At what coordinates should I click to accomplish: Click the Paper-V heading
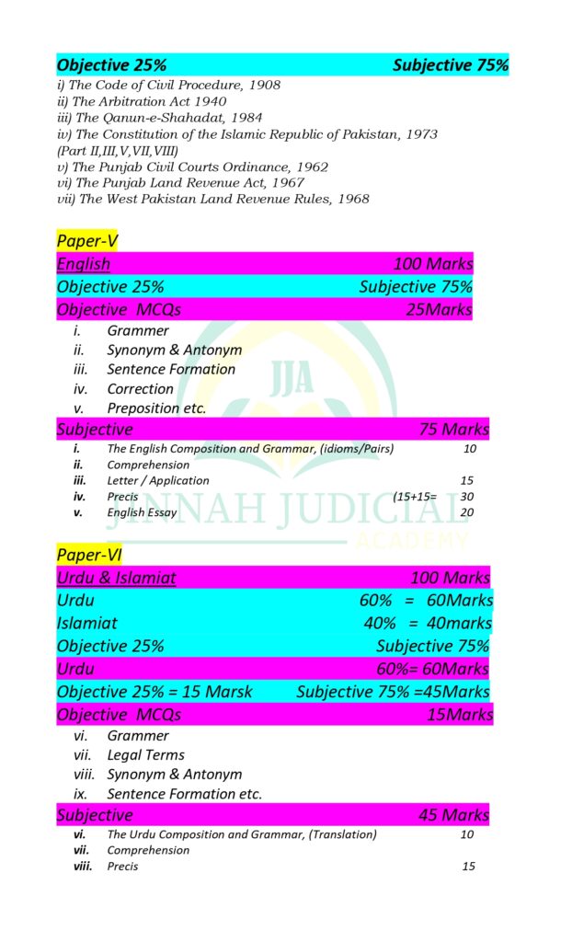pyautogui.click(x=86, y=241)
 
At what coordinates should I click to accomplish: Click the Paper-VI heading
pyautogui.click(x=88, y=555)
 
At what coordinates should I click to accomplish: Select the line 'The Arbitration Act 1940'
pyautogui.click(x=142, y=101)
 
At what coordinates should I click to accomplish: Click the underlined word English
pyautogui.click(x=84, y=264)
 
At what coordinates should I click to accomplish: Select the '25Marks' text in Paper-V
pyautogui.click(x=439, y=310)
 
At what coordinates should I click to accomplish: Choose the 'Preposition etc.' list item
pyautogui.click(x=156, y=408)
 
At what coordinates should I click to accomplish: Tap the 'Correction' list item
pyautogui.click(x=140, y=389)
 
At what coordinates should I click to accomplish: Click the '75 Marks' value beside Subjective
pyautogui.click(x=454, y=430)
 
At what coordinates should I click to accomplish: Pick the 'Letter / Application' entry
pyautogui.click(x=158, y=480)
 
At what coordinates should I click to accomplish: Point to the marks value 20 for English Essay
pyautogui.click(x=467, y=512)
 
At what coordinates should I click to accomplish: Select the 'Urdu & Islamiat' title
pyautogui.click(x=117, y=578)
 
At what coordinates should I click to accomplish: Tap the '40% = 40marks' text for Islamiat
pyautogui.click(x=428, y=624)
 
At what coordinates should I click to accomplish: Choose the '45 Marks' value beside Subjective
pyautogui.click(x=454, y=815)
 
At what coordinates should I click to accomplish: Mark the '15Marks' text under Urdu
pyautogui.click(x=460, y=715)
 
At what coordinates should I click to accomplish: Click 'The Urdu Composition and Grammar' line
pyautogui.click(x=242, y=834)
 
